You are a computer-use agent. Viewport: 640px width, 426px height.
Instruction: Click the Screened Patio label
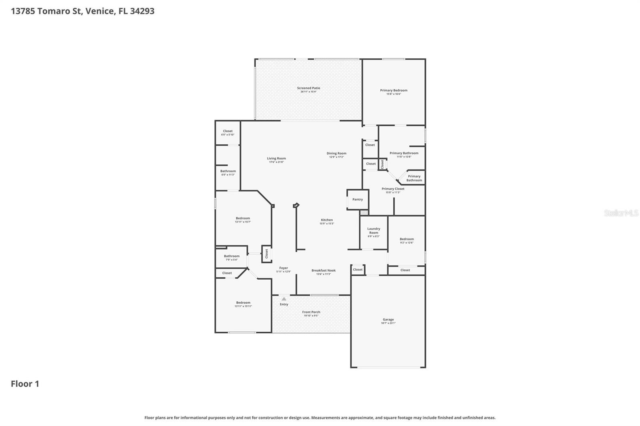point(308,88)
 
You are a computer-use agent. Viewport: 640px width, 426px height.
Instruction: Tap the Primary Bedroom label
point(394,90)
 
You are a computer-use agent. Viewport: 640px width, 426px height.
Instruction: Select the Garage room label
point(388,319)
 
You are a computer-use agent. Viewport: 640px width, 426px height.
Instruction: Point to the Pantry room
point(358,199)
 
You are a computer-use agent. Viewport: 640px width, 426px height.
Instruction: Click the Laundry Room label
point(374,231)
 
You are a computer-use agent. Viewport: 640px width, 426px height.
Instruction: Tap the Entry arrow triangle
point(284,299)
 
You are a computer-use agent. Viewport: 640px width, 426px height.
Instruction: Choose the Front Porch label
point(311,312)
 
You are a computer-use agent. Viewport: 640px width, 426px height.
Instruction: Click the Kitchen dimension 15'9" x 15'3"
point(326,224)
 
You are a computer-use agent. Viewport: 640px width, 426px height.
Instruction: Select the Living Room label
point(276,158)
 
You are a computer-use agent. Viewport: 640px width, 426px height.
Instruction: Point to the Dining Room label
point(336,153)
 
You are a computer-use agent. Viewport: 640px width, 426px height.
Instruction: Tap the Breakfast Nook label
point(324,271)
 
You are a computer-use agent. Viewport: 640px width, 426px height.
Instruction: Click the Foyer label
point(284,268)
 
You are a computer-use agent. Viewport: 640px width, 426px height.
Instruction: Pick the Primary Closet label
point(393,189)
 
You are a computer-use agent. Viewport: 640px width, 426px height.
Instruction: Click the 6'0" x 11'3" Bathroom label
point(228,171)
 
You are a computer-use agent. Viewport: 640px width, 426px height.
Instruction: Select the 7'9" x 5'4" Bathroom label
point(232,256)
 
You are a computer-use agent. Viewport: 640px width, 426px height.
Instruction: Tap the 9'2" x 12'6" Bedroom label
point(407,239)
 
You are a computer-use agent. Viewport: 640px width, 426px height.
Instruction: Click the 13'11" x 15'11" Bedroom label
point(243,303)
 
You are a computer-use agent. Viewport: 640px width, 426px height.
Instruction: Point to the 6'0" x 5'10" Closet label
point(228,131)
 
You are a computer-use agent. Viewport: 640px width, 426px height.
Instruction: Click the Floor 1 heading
point(25,384)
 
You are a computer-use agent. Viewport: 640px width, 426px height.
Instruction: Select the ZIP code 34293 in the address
point(142,11)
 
